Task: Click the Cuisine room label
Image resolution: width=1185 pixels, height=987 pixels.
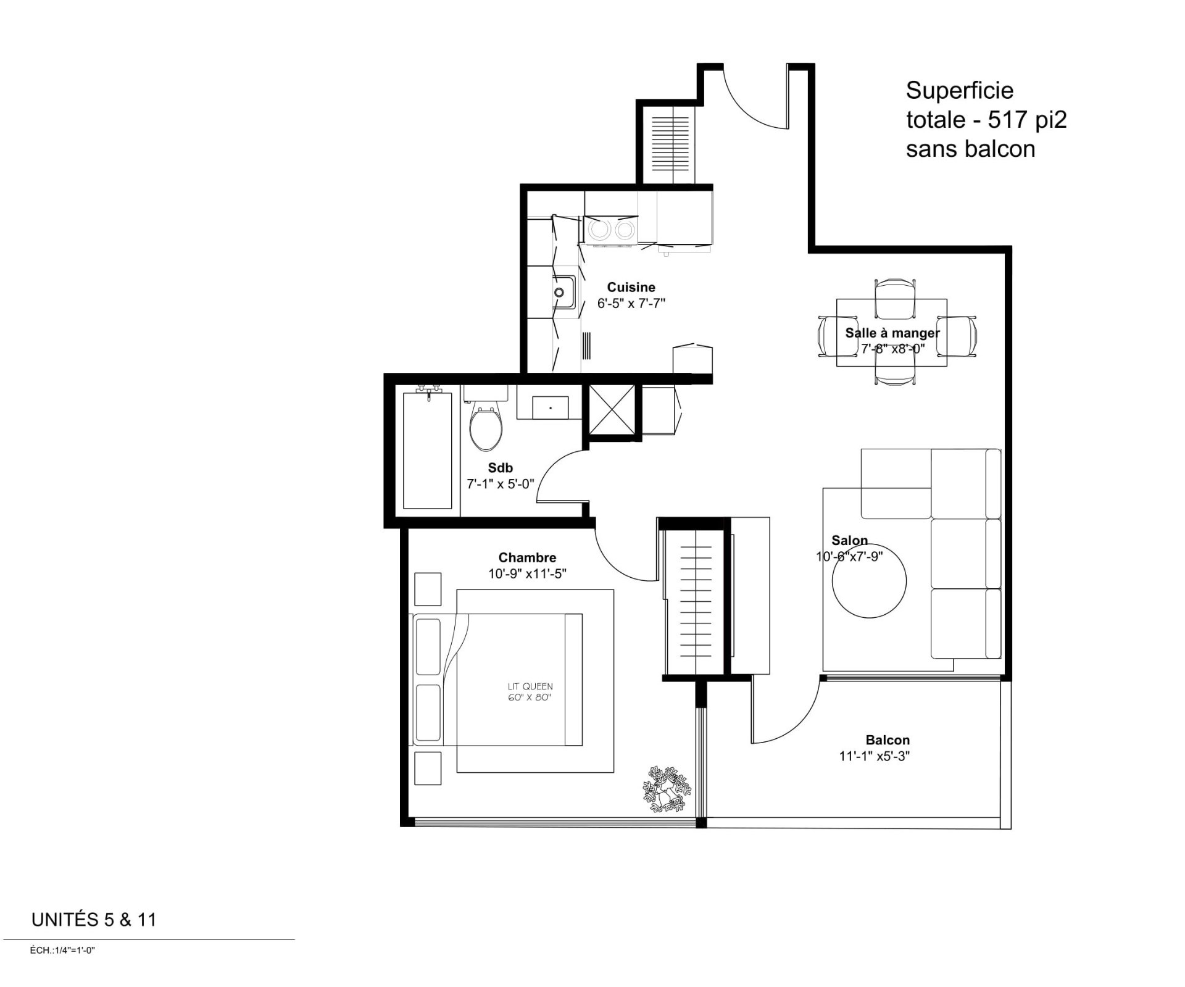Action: click(631, 287)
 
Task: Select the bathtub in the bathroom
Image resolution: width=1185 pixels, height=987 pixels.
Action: click(427, 450)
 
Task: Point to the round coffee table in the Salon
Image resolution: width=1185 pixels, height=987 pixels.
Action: click(869, 581)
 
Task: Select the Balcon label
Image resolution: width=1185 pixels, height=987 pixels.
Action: click(888, 740)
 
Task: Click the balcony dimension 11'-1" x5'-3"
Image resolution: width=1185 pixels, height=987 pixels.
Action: click(875, 756)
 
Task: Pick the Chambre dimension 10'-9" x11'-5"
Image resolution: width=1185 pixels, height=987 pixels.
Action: click(527, 574)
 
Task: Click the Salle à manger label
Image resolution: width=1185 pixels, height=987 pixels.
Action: click(892, 333)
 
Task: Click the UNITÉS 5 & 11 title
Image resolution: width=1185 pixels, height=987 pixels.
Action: click(94, 920)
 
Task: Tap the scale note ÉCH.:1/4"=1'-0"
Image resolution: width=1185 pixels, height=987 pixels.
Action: click(62, 951)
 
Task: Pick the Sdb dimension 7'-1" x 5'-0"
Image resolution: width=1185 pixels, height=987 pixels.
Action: click(500, 484)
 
